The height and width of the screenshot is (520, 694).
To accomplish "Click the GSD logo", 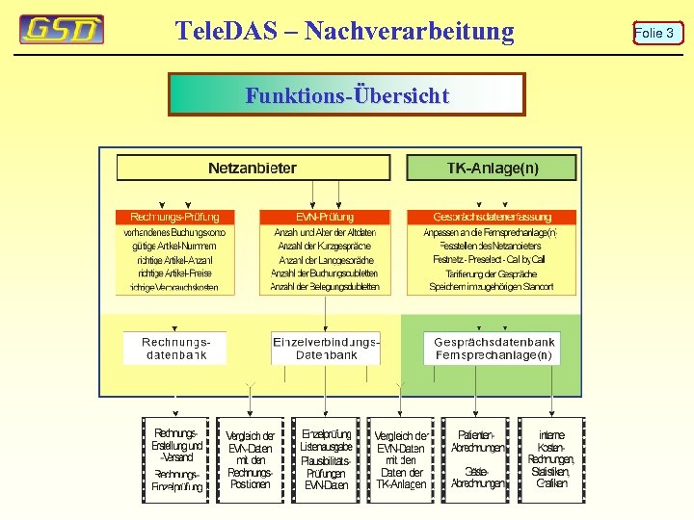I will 62,30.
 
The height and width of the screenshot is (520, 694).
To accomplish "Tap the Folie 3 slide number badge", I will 657,34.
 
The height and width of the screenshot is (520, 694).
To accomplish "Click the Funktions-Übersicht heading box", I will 347,95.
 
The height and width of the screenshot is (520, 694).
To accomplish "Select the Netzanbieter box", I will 253,169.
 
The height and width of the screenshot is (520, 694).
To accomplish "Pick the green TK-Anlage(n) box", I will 492,169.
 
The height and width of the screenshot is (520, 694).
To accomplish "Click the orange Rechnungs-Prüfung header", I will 174,218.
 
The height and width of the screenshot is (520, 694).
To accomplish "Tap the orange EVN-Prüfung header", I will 325,218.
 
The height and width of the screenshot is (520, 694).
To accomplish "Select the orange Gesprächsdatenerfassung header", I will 491,218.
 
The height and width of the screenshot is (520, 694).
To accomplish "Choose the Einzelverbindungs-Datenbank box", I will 326,348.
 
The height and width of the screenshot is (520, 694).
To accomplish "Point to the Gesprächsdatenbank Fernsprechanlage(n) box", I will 494,348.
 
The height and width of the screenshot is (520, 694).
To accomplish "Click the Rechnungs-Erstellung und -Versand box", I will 176,459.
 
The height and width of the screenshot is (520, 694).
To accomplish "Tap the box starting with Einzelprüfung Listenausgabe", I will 326,459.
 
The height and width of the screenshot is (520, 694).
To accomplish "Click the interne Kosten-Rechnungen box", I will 552,459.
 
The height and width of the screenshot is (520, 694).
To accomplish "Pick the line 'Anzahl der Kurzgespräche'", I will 325,247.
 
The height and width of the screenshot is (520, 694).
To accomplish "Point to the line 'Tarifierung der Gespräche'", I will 491,273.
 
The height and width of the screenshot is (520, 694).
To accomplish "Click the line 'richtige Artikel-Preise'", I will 174,273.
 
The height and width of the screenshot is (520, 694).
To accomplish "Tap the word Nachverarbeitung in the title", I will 409,31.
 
